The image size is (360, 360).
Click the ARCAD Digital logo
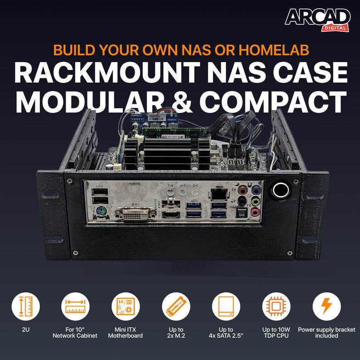pos(317,19)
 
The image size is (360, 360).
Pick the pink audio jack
pos(256,212)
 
